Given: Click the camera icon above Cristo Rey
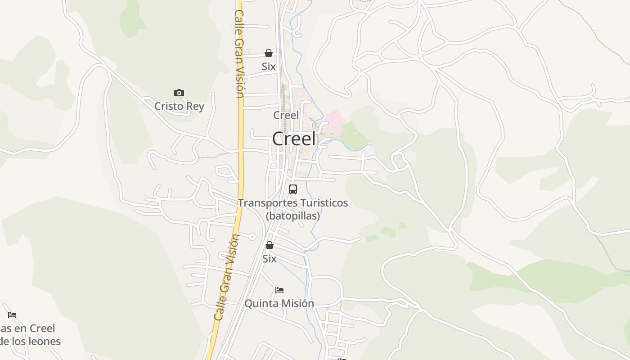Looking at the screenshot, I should click(x=179, y=93).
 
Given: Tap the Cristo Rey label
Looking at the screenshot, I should click(x=179, y=107).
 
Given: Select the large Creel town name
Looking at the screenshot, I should click(x=294, y=139).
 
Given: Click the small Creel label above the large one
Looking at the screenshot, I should click(x=286, y=115).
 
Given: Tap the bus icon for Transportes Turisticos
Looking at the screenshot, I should click(x=293, y=189).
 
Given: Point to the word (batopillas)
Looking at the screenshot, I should click(x=293, y=216).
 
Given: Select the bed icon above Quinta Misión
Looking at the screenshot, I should click(x=279, y=290).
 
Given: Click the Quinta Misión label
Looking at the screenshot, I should click(x=279, y=304).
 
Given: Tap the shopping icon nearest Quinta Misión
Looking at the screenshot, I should click(x=270, y=246).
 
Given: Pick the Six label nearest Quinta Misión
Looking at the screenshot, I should click(x=270, y=259).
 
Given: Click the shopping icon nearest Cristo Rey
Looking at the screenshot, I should click(x=269, y=54).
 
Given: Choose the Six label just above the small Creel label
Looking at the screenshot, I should click(x=269, y=67).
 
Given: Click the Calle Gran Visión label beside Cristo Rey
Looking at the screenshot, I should click(x=239, y=54).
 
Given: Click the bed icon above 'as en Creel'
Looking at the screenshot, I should click(x=12, y=315).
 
